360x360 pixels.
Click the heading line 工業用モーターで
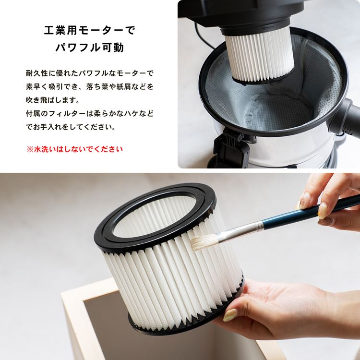click(x=90, y=30)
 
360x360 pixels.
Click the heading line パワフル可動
click(x=90, y=48)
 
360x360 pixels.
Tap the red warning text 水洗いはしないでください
click(x=78, y=149)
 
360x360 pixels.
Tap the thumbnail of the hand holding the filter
click(x=230, y=314)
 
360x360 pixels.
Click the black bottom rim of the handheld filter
click(x=184, y=322)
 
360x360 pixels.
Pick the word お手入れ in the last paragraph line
click(x=48, y=127)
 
